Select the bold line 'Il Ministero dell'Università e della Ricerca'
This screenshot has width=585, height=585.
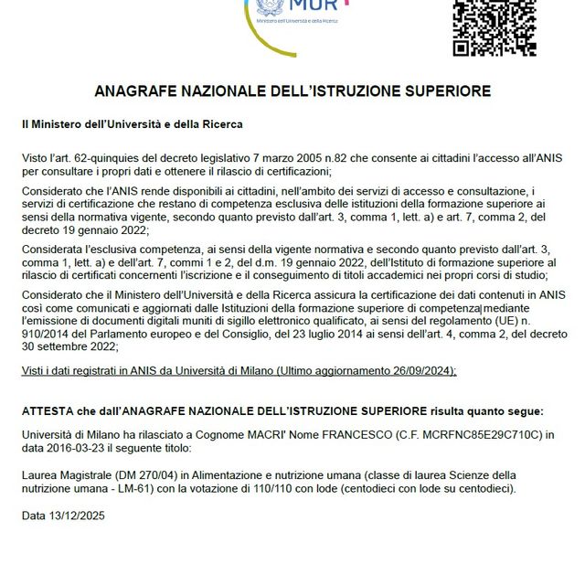coord(133,122)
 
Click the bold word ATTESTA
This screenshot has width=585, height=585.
coord(48,411)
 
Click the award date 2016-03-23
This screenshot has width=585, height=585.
coord(80,449)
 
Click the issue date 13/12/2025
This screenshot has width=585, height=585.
coord(81,516)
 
